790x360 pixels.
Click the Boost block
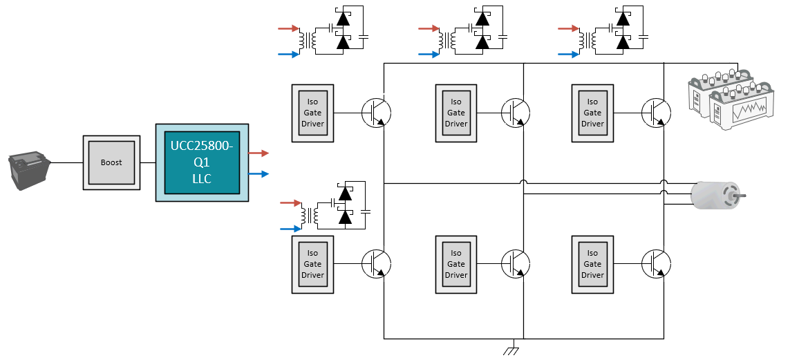tap(111, 162)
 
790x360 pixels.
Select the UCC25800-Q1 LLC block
tap(203, 162)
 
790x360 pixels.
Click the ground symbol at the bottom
tap(511, 350)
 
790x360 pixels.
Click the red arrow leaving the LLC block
tap(258, 153)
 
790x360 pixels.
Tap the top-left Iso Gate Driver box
tap(312, 113)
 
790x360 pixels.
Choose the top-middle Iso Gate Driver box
tap(456, 113)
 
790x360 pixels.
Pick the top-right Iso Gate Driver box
tap(592, 113)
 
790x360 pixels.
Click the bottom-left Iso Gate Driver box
tap(312, 264)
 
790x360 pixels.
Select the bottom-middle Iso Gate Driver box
tap(456, 264)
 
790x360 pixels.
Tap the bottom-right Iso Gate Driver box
tap(592, 264)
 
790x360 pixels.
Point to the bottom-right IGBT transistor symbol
tap(655, 263)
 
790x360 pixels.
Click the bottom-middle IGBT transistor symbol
tap(515, 263)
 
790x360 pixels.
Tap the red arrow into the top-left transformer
tap(288, 29)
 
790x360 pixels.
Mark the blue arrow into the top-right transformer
tap(568, 54)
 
